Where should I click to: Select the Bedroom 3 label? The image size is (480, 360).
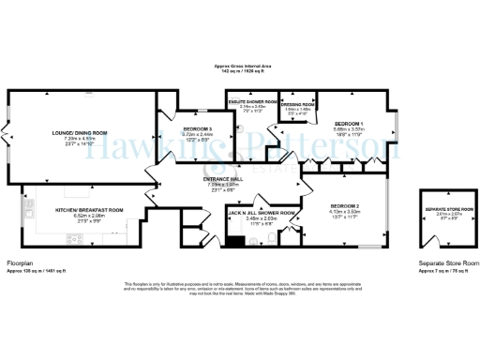197,128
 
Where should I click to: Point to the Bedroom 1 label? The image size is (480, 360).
348,123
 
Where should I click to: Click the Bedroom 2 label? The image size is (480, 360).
345,204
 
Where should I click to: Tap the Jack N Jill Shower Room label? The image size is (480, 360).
262,214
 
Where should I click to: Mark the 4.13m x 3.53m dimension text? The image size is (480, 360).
345,211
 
